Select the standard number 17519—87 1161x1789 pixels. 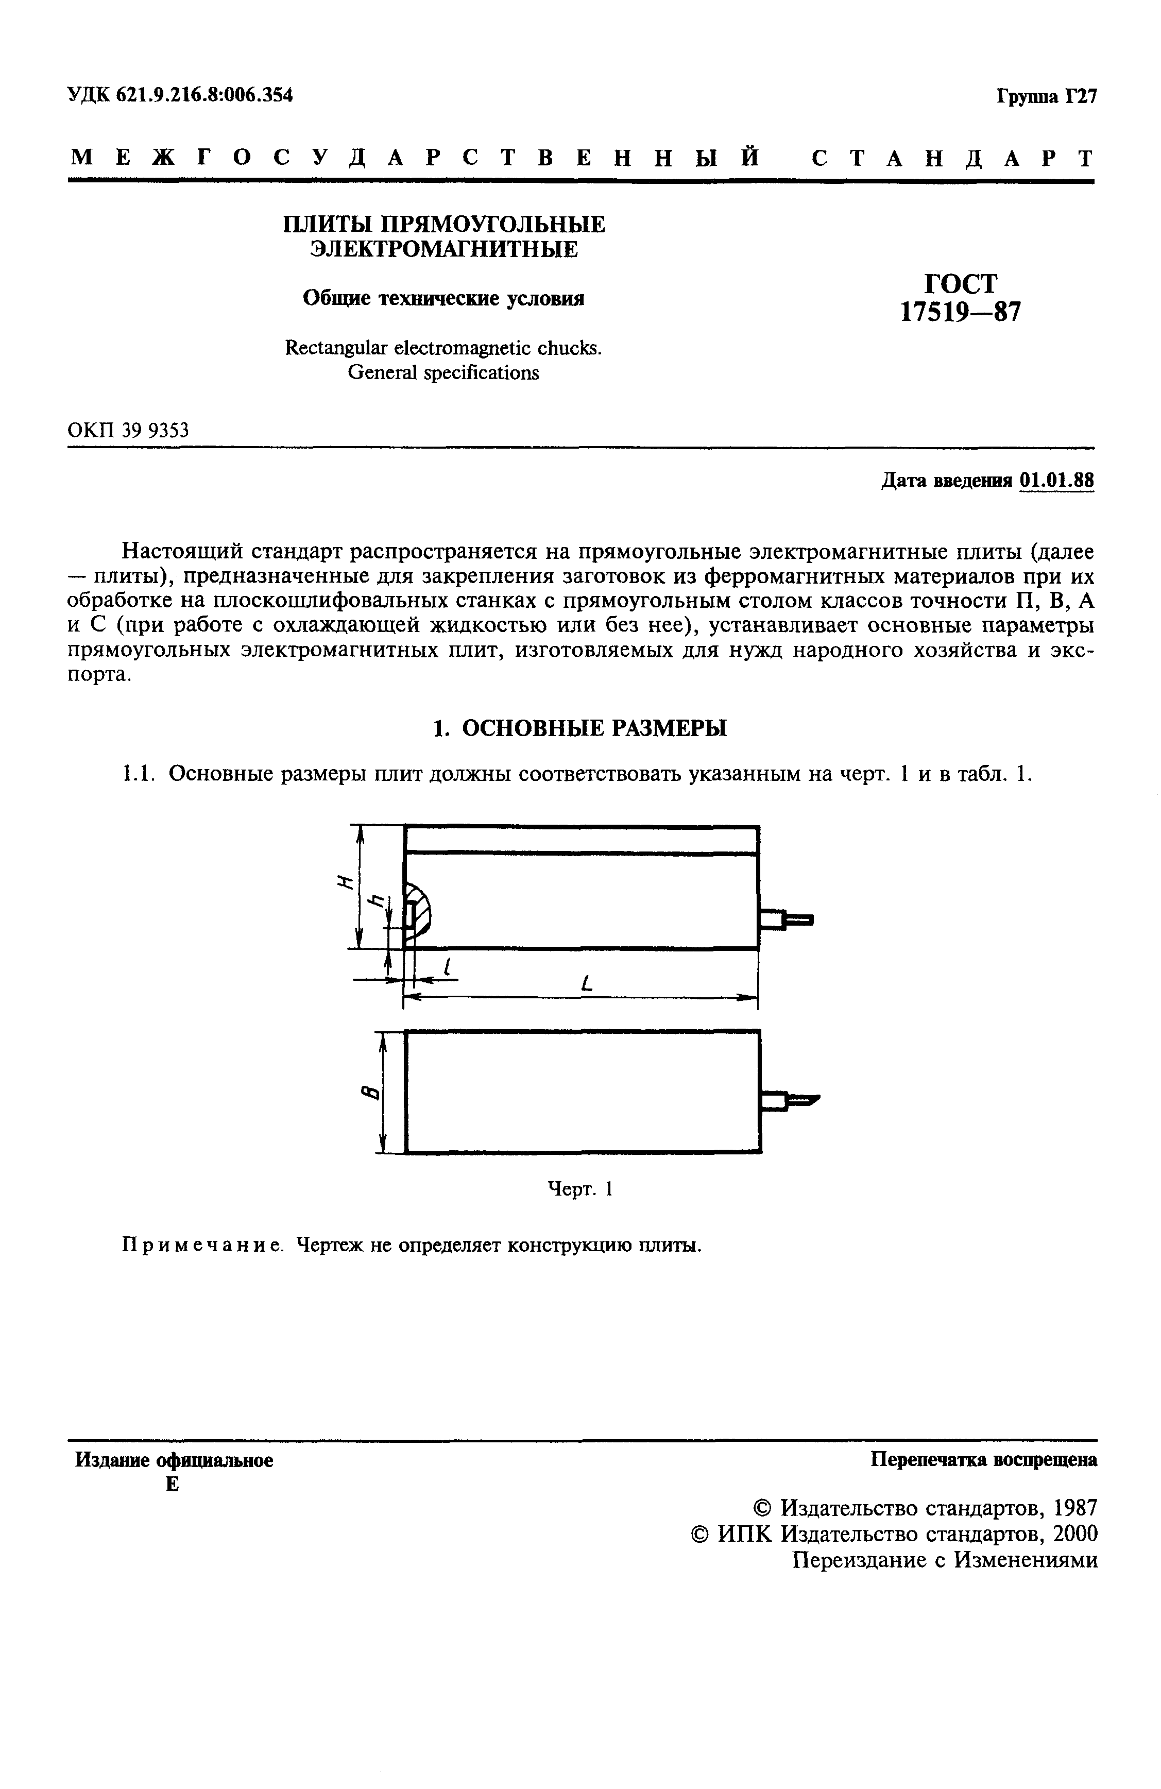pyautogui.click(x=960, y=311)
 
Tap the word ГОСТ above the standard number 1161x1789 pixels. pyautogui.click(x=960, y=283)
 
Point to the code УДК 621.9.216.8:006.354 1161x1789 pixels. pyautogui.click(x=180, y=95)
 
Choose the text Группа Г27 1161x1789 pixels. pyautogui.click(x=1047, y=97)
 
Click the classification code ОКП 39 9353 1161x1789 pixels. pyautogui.click(x=128, y=431)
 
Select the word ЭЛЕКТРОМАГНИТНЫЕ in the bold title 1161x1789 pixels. pyautogui.click(x=444, y=249)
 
